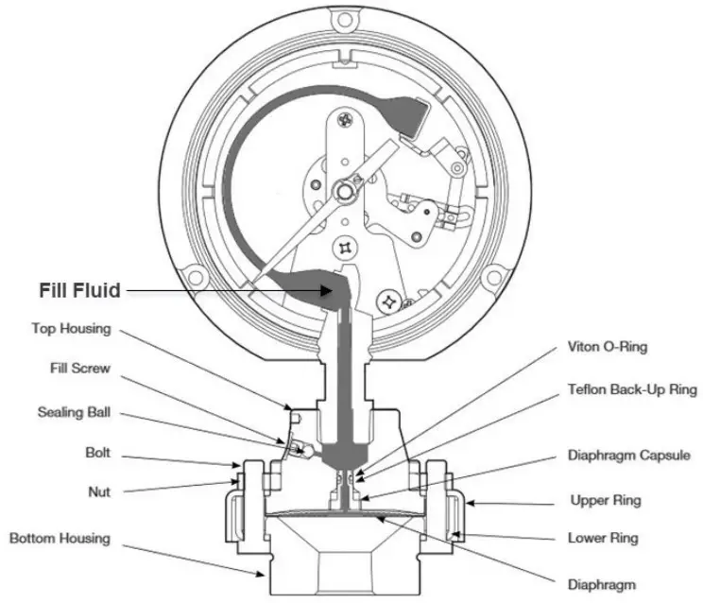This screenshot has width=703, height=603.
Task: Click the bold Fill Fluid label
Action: click(x=80, y=290)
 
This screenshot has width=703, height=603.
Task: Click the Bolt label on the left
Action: click(x=96, y=454)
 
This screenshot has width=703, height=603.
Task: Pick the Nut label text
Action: click(x=99, y=491)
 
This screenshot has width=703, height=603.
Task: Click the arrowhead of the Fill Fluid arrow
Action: click(x=332, y=291)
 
